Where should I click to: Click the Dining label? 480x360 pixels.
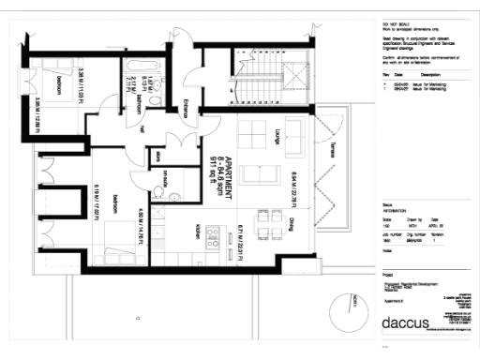tap(292, 223)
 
